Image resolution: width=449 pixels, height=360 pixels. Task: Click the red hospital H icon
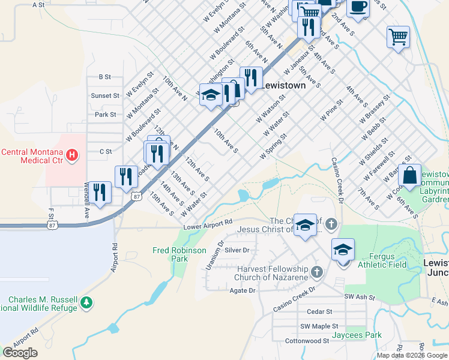tap(72, 156)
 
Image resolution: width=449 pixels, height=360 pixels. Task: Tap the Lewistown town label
tap(284, 85)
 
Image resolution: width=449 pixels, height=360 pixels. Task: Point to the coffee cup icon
tap(358, 7)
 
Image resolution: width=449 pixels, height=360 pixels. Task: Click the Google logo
tap(19, 353)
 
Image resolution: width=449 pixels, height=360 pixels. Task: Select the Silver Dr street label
tap(237, 250)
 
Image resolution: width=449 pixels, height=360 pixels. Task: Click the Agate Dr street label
tap(243, 290)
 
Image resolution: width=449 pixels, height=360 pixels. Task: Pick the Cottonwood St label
tap(307, 340)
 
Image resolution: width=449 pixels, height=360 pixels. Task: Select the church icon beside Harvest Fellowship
tap(318, 273)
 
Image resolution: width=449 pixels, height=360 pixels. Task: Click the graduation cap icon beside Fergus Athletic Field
tap(343, 249)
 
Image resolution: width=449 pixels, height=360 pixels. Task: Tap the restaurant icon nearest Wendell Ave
tap(101, 191)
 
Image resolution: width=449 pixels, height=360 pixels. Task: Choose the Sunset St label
tap(105, 95)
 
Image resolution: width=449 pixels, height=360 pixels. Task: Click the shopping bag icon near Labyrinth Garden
tap(409, 175)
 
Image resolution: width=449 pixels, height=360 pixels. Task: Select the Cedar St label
tap(319, 311)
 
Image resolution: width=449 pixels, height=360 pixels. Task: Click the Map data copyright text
tap(412, 355)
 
